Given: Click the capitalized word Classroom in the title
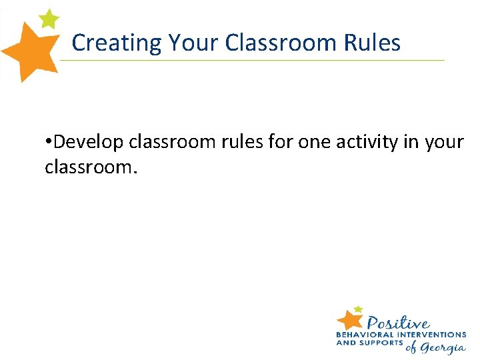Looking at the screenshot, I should point(283,43).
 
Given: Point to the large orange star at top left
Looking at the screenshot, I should point(30,51).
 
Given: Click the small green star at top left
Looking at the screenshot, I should point(49,19).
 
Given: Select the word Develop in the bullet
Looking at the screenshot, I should point(89,142).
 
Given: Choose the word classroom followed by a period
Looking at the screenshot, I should point(91,167).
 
